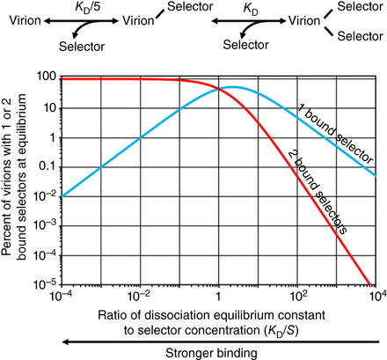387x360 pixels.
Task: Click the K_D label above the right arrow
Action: click(x=246, y=8)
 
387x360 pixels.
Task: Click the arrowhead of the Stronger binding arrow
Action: click(x=63, y=335)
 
